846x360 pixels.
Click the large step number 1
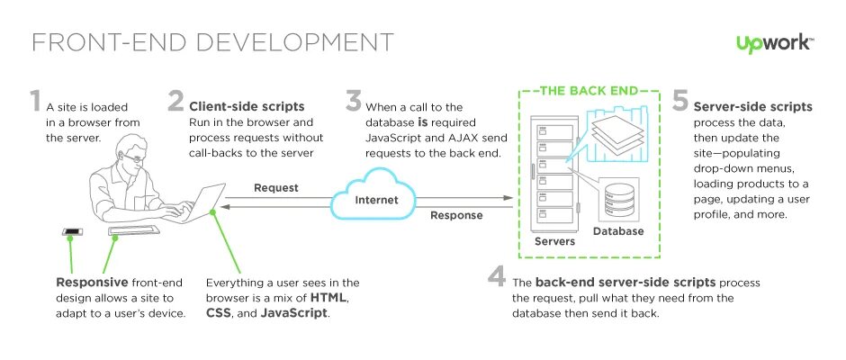coord(36,102)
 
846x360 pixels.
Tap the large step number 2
coord(175,101)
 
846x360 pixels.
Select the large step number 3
coord(354,101)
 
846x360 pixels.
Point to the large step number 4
coord(496,279)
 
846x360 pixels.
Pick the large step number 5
coord(680,101)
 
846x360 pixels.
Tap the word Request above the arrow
coord(275,188)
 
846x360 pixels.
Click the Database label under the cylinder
coord(618,231)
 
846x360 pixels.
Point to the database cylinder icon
coord(618,199)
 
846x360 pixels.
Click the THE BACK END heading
coord(587,90)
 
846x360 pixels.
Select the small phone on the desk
coord(72,233)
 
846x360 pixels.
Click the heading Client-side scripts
coord(246,106)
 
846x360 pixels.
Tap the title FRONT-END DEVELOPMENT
coord(212,42)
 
